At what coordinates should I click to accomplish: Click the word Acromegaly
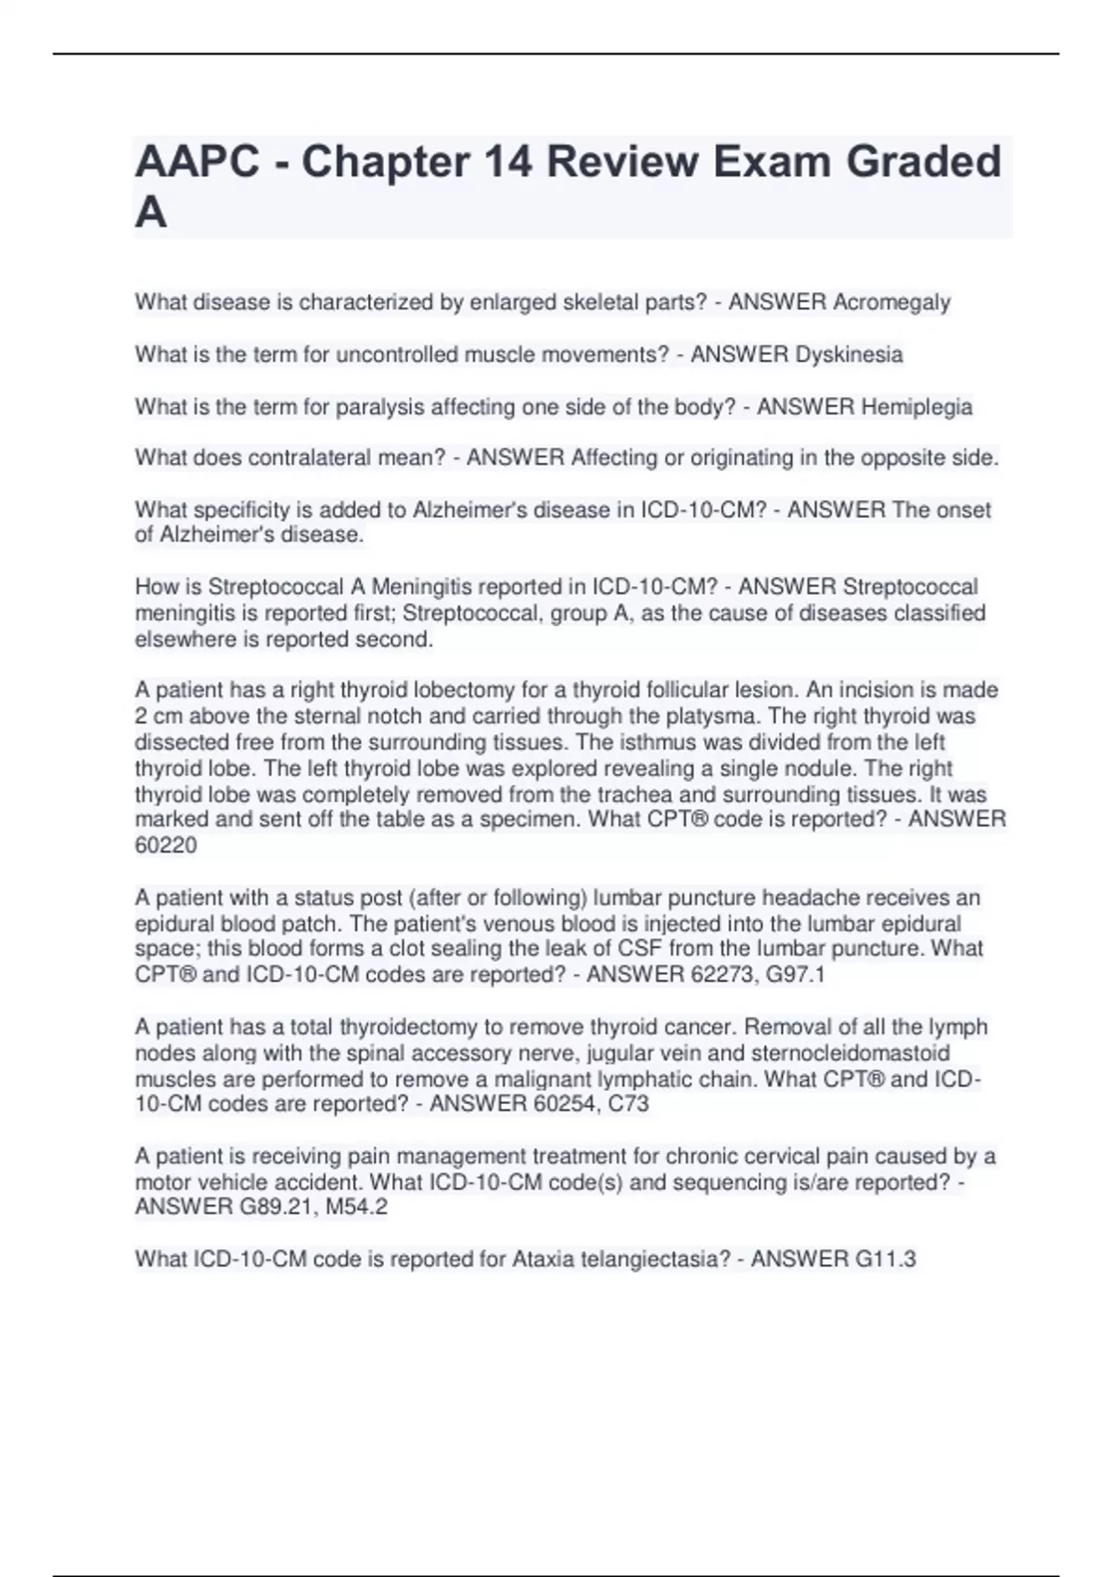click(x=891, y=302)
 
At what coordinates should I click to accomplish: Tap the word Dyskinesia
click(x=849, y=354)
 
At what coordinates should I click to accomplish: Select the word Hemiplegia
click(x=916, y=406)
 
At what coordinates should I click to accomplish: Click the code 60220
click(x=166, y=845)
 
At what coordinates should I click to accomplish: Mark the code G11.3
click(x=885, y=1259)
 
